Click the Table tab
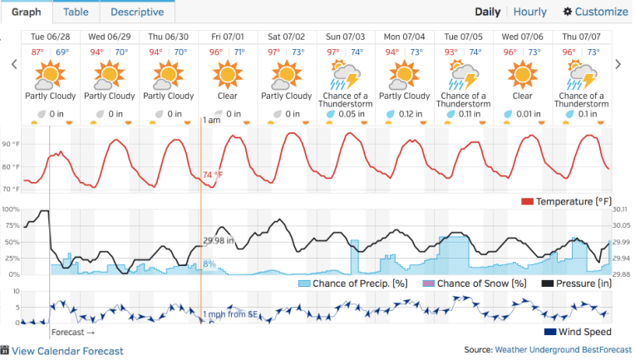(76, 12)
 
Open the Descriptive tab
(137, 12)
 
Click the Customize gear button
(595, 12)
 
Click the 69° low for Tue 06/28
(62, 52)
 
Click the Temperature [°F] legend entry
(567, 202)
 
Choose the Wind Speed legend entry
(577, 333)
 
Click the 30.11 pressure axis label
(622, 210)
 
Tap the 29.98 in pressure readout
(219, 241)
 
